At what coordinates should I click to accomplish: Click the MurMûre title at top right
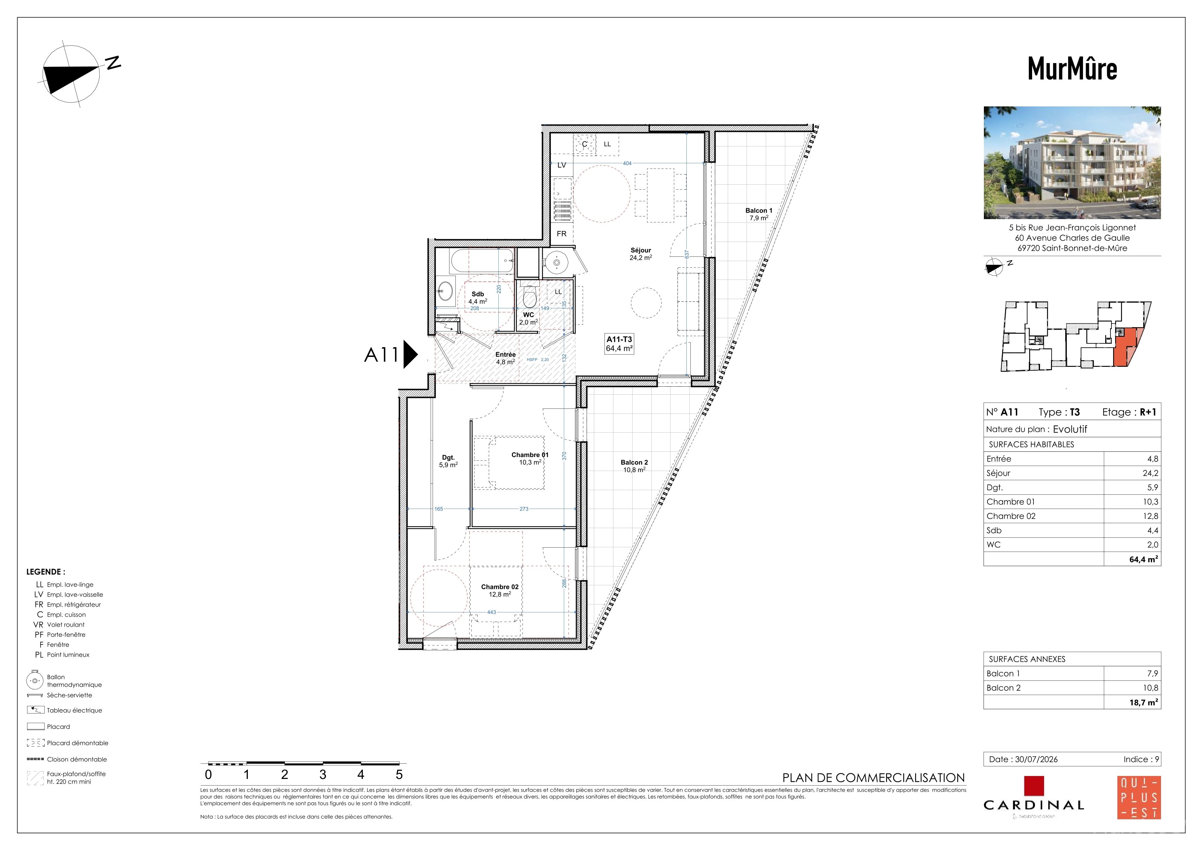coord(1072,68)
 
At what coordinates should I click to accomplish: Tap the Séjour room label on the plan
coord(641,250)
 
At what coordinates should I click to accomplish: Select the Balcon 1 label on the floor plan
coord(758,211)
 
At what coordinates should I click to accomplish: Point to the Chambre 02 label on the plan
coord(500,587)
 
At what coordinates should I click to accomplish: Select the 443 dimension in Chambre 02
coord(491,612)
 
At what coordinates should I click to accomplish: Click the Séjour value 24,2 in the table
coord(1150,473)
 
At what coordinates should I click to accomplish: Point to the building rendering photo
coord(1072,163)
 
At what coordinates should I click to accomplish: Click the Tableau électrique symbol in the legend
coord(36,710)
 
